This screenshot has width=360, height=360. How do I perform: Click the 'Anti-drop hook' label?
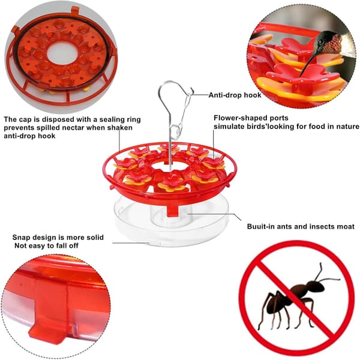235,95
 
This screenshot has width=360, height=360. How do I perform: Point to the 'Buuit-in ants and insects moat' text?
301,227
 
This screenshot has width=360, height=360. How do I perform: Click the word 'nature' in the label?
347,127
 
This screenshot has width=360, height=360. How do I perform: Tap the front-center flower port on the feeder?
172,183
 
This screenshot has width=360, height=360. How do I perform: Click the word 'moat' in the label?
346,227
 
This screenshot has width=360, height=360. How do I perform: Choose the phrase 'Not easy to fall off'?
46,245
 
